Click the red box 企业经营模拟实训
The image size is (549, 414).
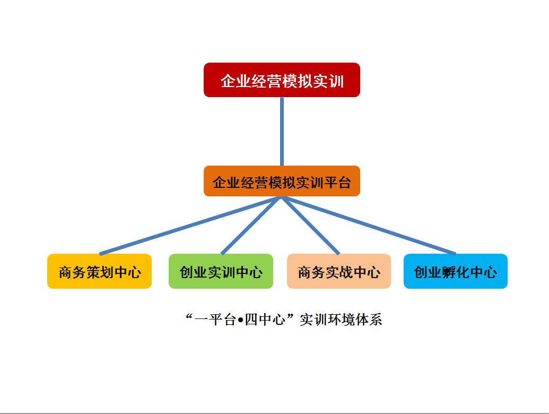pyautogui.click(x=282, y=80)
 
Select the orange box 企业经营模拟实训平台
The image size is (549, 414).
pyautogui.click(x=282, y=182)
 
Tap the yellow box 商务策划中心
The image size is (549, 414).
pyautogui.click(x=99, y=271)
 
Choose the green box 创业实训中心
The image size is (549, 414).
pyautogui.click(x=221, y=271)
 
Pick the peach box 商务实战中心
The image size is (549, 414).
pyautogui.click(x=338, y=271)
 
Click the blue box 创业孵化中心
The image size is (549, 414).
pyautogui.click(x=455, y=271)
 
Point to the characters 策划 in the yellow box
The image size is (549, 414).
pyautogui.click(x=100, y=272)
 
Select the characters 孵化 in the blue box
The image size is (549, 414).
pyautogui.click(x=456, y=272)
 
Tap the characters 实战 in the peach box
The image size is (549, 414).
pyautogui.click(x=339, y=272)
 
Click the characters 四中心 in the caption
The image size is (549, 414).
pyautogui.click(x=265, y=320)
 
